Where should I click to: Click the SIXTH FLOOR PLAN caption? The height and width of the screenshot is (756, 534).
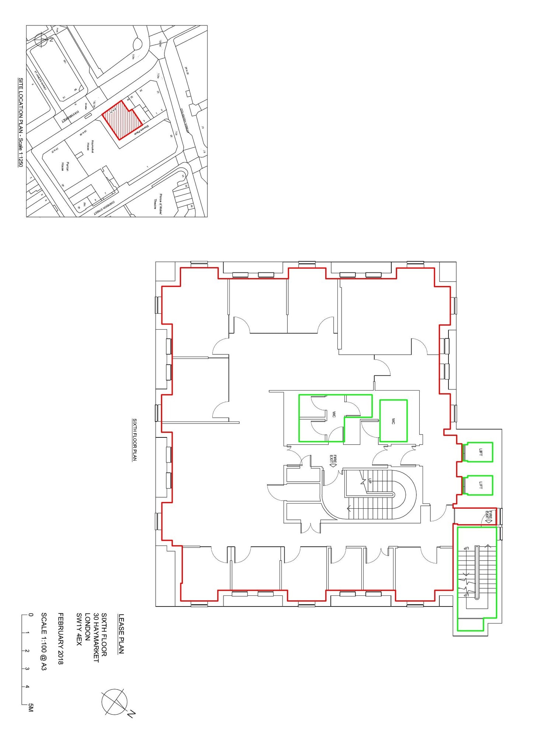[135, 439]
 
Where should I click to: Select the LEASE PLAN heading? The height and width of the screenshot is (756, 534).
[121, 634]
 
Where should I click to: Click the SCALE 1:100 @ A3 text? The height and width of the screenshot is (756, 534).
[44, 642]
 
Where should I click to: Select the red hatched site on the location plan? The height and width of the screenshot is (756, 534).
[122, 120]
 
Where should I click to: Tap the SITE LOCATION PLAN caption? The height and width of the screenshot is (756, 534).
[21, 122]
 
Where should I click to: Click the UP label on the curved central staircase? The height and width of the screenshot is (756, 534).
[370, 481]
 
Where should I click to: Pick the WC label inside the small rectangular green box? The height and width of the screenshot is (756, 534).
[393, 421]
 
